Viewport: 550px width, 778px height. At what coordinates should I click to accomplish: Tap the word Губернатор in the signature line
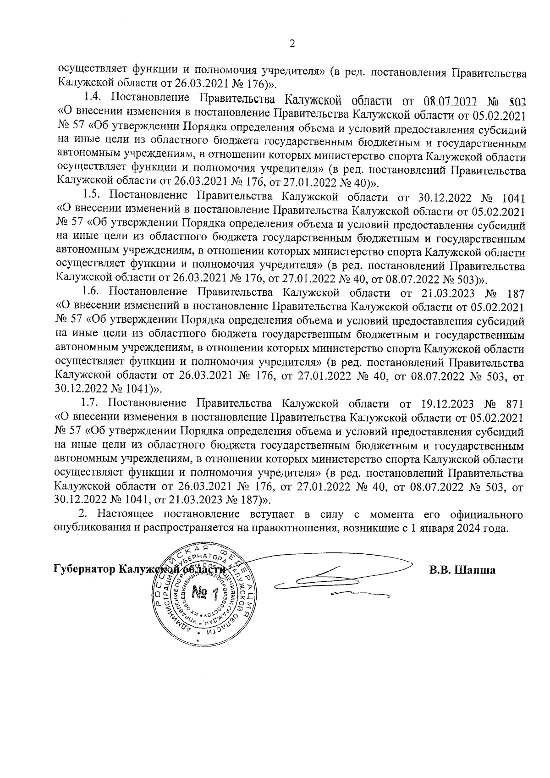click(x=84, y=570)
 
